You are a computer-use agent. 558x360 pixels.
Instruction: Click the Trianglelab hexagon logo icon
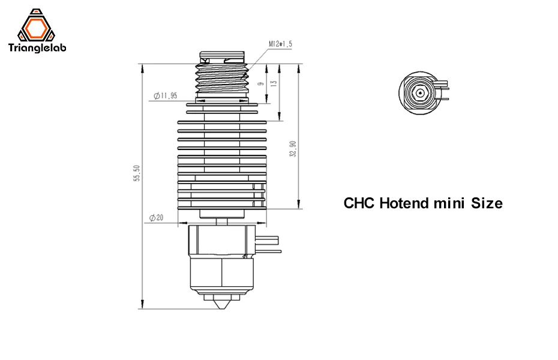[x=36, y=25]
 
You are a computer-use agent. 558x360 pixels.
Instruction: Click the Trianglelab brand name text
[x=37, y=47]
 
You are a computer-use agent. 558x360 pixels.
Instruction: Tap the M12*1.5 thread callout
[x=280, y=44]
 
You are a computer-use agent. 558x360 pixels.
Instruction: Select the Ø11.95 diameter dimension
[x=165, y=95]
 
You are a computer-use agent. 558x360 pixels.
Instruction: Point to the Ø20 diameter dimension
[x=156, y=217]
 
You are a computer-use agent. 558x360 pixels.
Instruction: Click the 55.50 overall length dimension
[x=137, y=173]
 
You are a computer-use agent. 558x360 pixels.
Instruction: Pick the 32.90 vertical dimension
[x=293, y=149]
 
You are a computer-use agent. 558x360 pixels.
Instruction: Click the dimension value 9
[x=261, y=83]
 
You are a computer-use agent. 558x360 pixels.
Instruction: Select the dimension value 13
[x=274, y=83]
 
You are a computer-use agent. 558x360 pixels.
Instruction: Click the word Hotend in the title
[x=404, y=203]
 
